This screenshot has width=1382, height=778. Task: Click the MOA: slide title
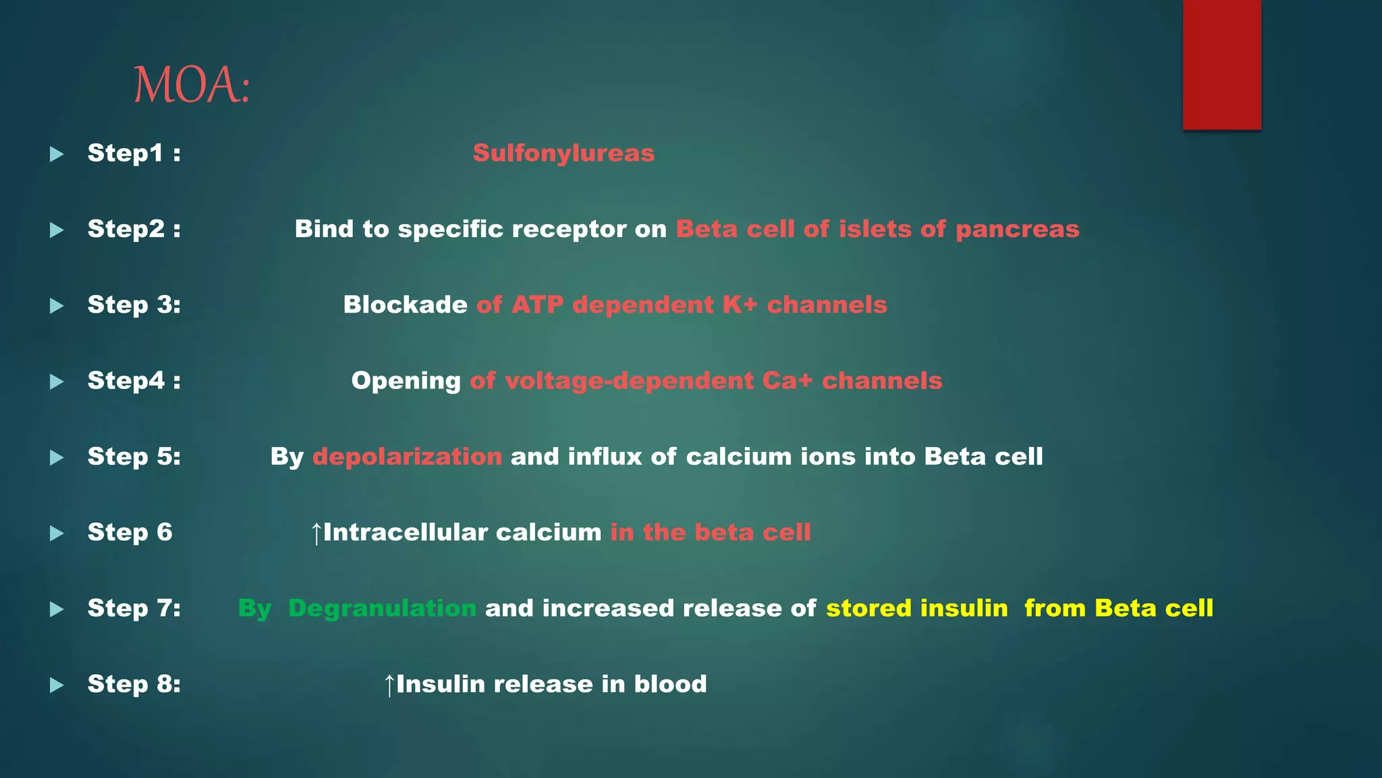point(192,86)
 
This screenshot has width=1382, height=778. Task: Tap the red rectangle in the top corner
point(1221,64)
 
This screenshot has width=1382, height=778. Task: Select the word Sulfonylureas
point(563,153)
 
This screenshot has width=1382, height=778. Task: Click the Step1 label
point(134,153)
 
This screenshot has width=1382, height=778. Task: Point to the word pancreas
point(1018,230)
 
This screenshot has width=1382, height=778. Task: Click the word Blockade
point(405,305)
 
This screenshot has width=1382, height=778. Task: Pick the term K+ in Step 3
point(740,305)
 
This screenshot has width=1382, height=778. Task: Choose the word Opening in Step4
point(406,381)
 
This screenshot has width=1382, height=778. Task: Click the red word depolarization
point(407,457)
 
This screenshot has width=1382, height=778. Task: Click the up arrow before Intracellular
point(316,534)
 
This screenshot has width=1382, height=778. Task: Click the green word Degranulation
point(382,608)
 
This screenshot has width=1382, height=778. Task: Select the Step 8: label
point(134,684)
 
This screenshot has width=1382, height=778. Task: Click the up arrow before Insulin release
point(389,685)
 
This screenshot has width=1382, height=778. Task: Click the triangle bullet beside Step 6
point(57,534)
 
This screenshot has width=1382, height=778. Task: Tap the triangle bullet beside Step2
point(57,230)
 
